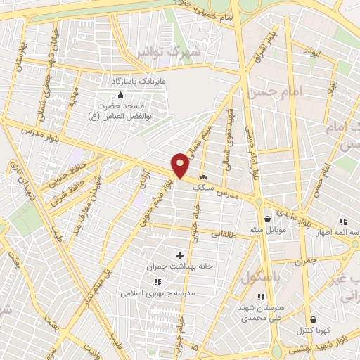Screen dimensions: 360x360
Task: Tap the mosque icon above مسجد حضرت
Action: coord(121,95)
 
